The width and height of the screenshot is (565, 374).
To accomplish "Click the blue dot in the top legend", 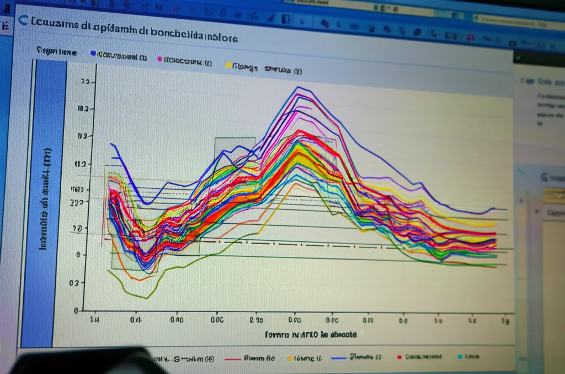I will click(93, 54).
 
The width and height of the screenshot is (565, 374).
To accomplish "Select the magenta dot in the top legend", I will click(159, 58).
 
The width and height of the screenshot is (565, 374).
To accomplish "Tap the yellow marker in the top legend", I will click(228, 65).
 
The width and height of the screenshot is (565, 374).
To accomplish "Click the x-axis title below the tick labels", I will click(311, 335).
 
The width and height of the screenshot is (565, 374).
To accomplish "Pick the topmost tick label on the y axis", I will click(84, 82).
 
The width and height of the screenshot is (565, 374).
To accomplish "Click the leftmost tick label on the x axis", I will click(95, 319).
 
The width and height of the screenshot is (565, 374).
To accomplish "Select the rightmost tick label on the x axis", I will click(505, 320).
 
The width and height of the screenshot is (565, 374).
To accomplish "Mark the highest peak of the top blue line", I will click(298, 87).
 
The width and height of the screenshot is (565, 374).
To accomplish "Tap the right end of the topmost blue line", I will click(506, 209).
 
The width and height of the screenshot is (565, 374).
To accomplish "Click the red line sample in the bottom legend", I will click(233, 359).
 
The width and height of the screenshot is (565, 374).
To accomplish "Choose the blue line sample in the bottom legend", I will click(338, 358).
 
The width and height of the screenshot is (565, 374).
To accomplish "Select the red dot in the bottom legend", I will click(399, 357).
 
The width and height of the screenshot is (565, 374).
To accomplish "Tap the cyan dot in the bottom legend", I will click(460, 357).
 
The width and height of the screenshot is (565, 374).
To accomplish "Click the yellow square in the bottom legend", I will click(289, 359).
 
